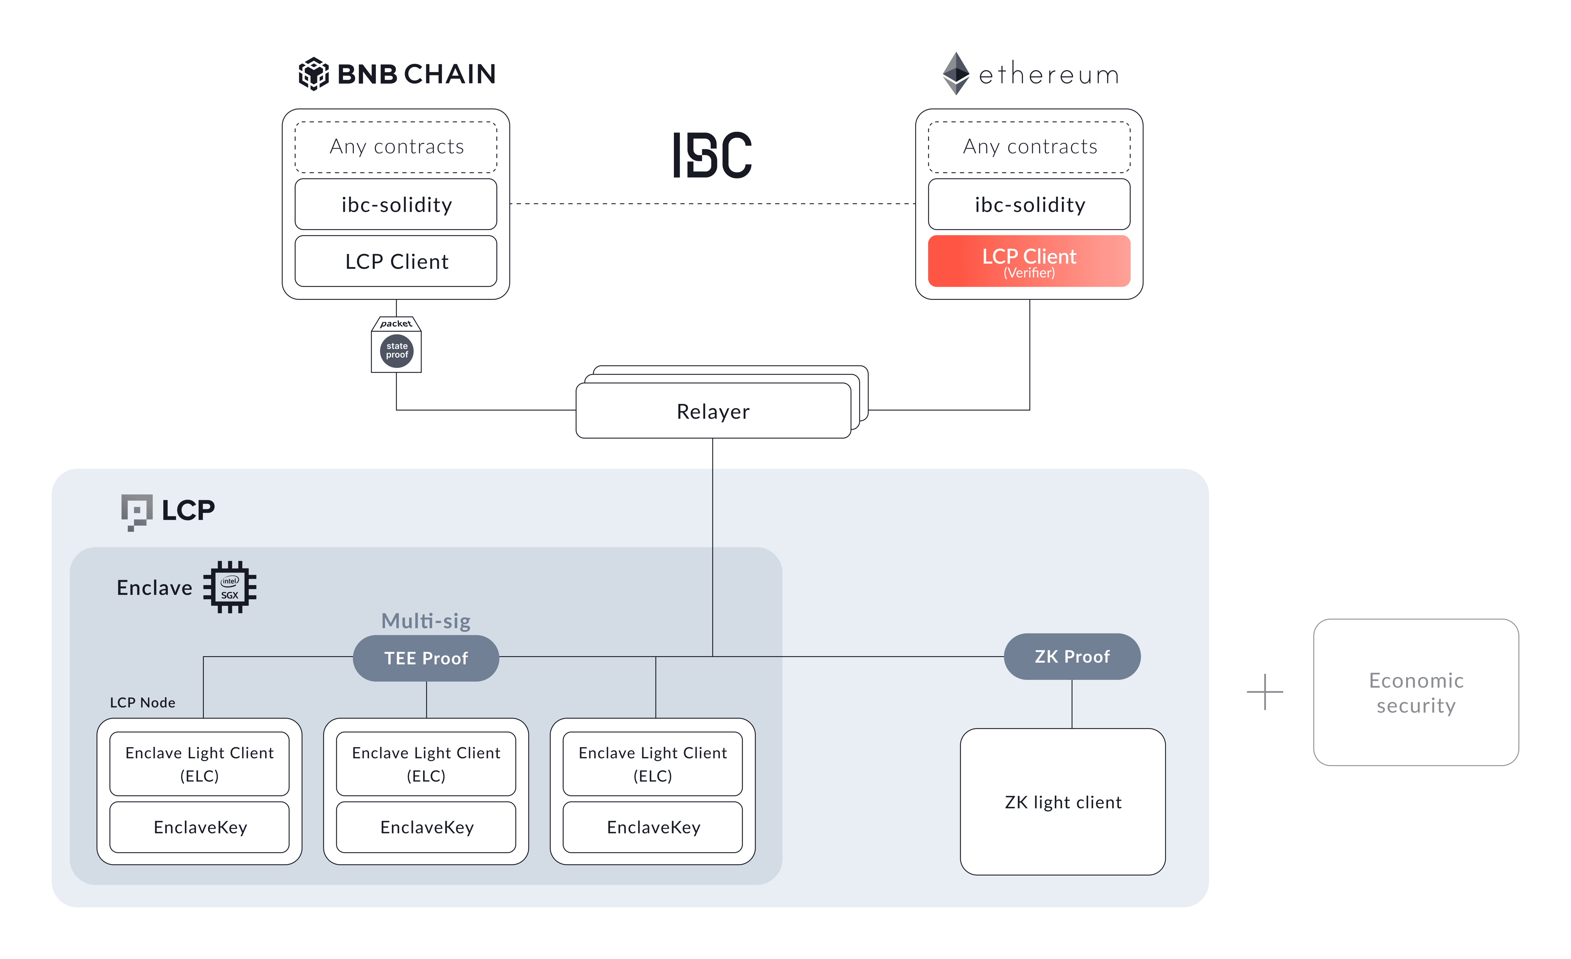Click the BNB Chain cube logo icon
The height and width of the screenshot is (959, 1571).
pos(314,74)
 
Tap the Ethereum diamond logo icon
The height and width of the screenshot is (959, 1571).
pos(956,73)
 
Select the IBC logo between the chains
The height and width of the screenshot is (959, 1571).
pos(712,155)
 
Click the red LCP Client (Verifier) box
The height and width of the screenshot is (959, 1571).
pos(1029,261)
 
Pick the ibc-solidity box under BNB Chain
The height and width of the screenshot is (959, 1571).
pos(396,205)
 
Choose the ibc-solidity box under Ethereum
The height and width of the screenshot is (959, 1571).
pos(1029,205)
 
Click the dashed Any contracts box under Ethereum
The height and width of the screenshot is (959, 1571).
pos(1029,146)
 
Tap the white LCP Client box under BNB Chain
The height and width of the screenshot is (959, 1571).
pos(396,261)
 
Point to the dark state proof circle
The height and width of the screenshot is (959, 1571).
pos(396,351)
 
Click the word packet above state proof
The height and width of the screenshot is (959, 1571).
pos(396,324)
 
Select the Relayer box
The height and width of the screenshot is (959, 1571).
pos(713,411)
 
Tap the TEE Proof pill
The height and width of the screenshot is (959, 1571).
pos(426,658)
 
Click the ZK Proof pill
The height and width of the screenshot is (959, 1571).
pos(1072,657)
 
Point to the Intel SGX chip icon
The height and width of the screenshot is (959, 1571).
pos(230,587)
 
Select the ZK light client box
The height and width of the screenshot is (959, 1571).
pos(1062,802)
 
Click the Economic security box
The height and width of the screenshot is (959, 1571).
pos(1416,693)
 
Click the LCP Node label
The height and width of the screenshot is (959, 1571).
pos(142,702)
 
